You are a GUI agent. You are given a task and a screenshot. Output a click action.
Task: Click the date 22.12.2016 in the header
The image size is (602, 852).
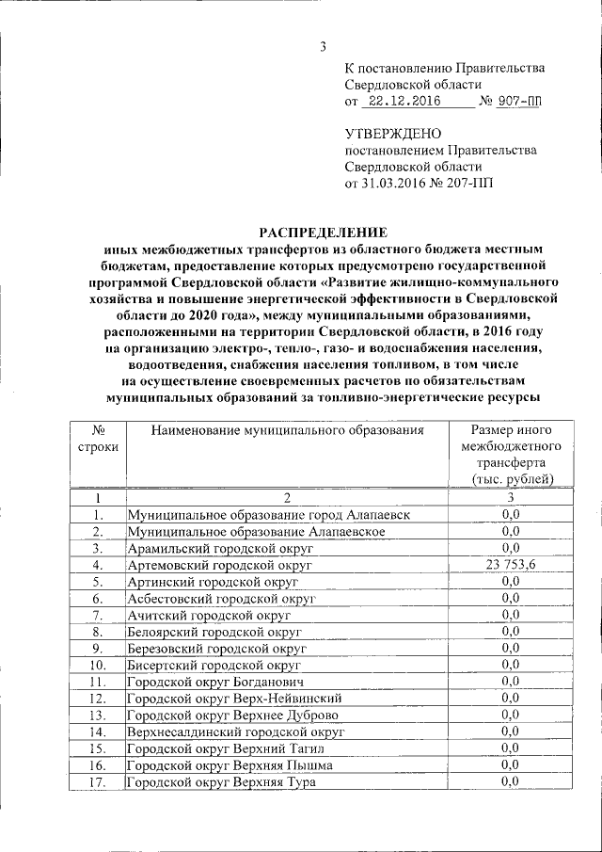pyautogui.click(x=404, y=102)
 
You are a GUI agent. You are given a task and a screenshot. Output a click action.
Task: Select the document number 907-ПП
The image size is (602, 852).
pyautogui.click(x=520, y=102)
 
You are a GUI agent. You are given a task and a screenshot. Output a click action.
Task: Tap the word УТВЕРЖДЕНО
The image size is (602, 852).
pyautogui.click(x=392, y=134)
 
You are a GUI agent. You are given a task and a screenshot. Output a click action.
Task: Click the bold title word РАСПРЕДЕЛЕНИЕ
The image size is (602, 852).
pyautogui.click(x=324, y=233)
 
